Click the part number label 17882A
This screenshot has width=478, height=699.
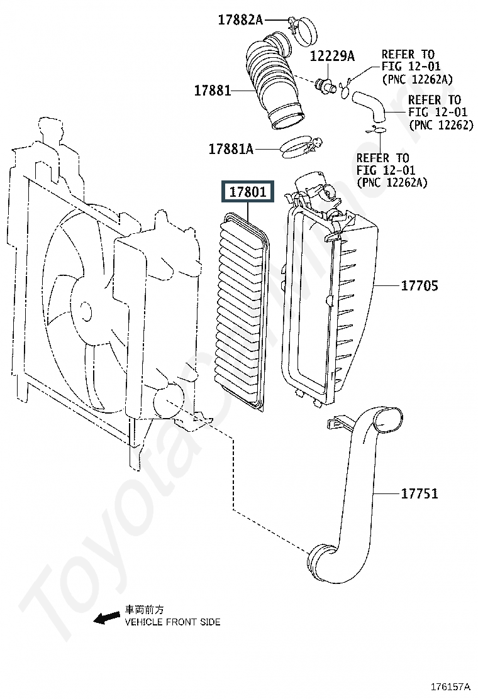240,20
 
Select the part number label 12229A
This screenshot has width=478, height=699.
332,56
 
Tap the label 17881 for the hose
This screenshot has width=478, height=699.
213,91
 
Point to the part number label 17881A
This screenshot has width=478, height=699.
231,149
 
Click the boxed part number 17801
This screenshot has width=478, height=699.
247,192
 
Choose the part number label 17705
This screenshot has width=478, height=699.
420,285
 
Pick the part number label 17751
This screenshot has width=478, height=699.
420,493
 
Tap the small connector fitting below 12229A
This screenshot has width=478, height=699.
326,85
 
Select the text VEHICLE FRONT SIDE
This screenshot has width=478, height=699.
172,622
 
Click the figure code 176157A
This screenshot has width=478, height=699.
450,686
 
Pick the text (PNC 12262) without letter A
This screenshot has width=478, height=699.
441,125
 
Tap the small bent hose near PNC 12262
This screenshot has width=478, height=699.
370,106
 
